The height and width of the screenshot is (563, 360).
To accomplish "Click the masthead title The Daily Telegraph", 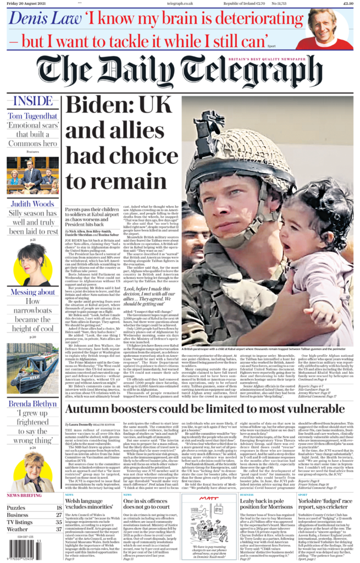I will pos(180,71).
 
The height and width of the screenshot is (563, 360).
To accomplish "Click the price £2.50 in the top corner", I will pos(347,3).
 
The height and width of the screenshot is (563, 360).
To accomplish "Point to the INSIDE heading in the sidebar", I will pos(33,101).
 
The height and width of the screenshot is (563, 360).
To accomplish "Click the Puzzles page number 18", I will pos(58,508).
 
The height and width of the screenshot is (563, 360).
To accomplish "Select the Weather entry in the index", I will pos(18,529).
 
